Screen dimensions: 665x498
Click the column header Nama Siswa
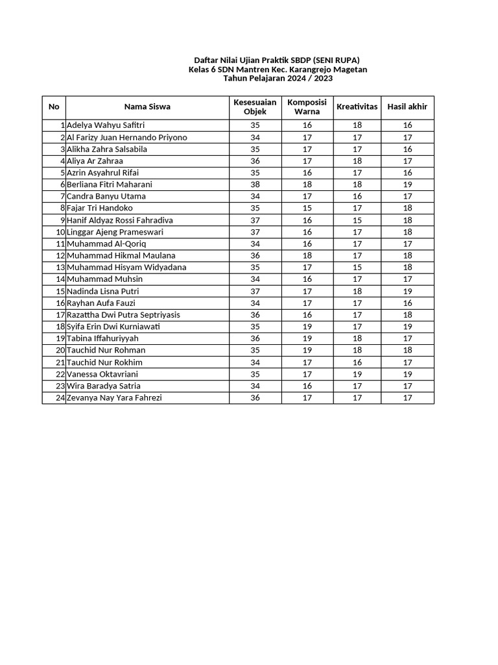click(147, 107)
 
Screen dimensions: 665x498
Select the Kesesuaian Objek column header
click(255, 107)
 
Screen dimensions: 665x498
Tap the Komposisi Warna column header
click(307, 107)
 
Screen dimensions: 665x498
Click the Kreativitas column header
click(357, 107)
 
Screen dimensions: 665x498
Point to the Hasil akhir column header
click(407, 107)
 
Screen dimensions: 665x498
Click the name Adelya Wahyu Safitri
click(106, 125)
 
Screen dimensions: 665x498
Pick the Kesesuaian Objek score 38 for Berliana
click(255, 184)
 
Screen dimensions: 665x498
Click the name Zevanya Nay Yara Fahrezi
click(114, 397)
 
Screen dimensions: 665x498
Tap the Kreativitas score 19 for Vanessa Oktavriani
click(357, 374)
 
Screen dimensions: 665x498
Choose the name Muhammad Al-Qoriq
click(106, 244)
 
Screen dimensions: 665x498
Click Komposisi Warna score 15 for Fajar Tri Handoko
click(307, 208)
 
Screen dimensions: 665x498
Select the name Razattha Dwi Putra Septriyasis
click(123, 315)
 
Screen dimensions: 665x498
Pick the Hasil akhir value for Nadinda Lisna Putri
click(407, 291)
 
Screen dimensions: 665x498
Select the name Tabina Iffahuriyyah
click(102, 338)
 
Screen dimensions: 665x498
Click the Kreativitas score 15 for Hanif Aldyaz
click(357, 220)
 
